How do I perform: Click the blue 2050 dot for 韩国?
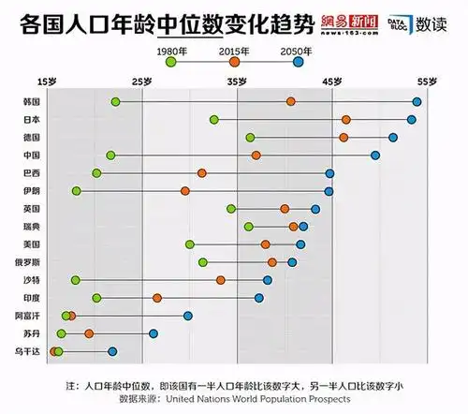pyautogui.click(x=417, y=101)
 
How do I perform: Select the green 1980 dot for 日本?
pyautogui.click(x=214, y=120)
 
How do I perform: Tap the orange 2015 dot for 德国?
pyautogui.click(x=344, y=138)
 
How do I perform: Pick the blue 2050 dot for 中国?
pyautogui.click(x=375, y=155)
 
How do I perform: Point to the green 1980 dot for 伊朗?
pyautogui.click(x=77, y=191)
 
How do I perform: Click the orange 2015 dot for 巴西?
pyautogui.click(x=202, y=173)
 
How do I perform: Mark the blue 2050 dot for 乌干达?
pyautogui.click(x=112, y=351)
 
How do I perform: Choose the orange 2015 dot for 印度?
pyautogui.click(x=157, y=298)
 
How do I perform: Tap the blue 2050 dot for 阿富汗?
pyautogui.click(x=188, y=316)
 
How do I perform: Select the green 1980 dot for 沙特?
pyautogui.click(x=76, y=280)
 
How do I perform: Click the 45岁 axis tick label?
pyautogui.click(x=332, y=82)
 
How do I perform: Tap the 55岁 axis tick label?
pyautogui.click(x=427, y=82)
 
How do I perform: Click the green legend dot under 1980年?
pyautogui.click(x=170, y=61)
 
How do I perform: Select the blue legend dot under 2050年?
pyautogui.click(x=298, y=61)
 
